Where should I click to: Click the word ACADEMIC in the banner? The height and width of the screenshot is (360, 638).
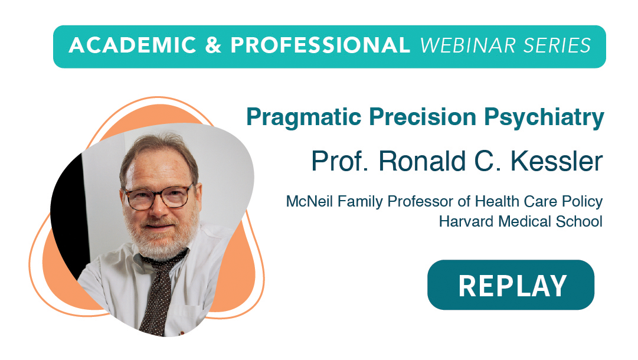click(x=133, y=45)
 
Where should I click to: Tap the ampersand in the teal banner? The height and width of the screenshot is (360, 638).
click(x=213, y=45)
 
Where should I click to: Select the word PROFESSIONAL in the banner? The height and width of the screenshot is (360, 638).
click(x=320, y=45)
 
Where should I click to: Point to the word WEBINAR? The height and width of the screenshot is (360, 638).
click(x=468, y=45)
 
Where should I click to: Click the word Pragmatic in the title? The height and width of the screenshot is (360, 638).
click(x=303, y=118)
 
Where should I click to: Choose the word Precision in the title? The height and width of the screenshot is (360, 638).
click(x=423, y=117)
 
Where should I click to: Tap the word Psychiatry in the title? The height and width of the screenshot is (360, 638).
click(x=544, y=118)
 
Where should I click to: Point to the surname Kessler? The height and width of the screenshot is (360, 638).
click(x=557, y=161)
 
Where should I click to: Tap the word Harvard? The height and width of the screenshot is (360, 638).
click(x=467, y=222)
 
